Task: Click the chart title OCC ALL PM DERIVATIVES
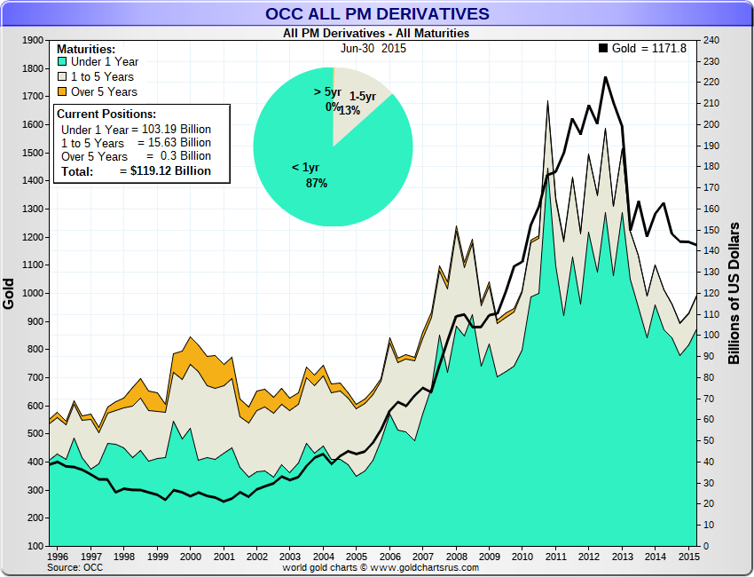[376, 13]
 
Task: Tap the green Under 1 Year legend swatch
[62, 62]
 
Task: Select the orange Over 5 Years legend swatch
[62, 91]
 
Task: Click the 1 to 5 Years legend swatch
[62, 77]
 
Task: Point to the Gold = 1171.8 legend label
[649, 48]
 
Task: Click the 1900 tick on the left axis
[33, 40]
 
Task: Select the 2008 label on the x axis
[456, 557]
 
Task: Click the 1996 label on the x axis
[59, 557]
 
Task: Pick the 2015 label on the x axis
[687, 557]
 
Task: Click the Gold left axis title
[10, 293]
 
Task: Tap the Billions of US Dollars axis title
[734, 293]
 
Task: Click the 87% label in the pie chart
[317, 183]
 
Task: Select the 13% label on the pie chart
[350, 110]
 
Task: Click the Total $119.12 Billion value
[165, 170]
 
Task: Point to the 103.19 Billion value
[174, 130]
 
